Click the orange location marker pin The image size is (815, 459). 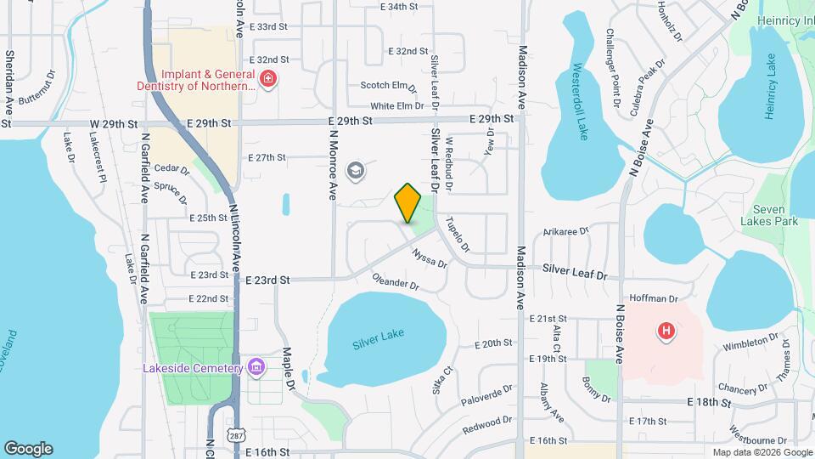408,203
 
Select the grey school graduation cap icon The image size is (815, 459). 355,171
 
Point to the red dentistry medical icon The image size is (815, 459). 268,79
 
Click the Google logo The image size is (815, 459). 28,449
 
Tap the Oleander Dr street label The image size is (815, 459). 396,280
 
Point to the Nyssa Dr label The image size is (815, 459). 430,257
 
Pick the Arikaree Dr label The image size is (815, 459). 565,230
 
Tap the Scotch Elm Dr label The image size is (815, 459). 388,86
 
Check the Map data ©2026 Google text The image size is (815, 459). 761,452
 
